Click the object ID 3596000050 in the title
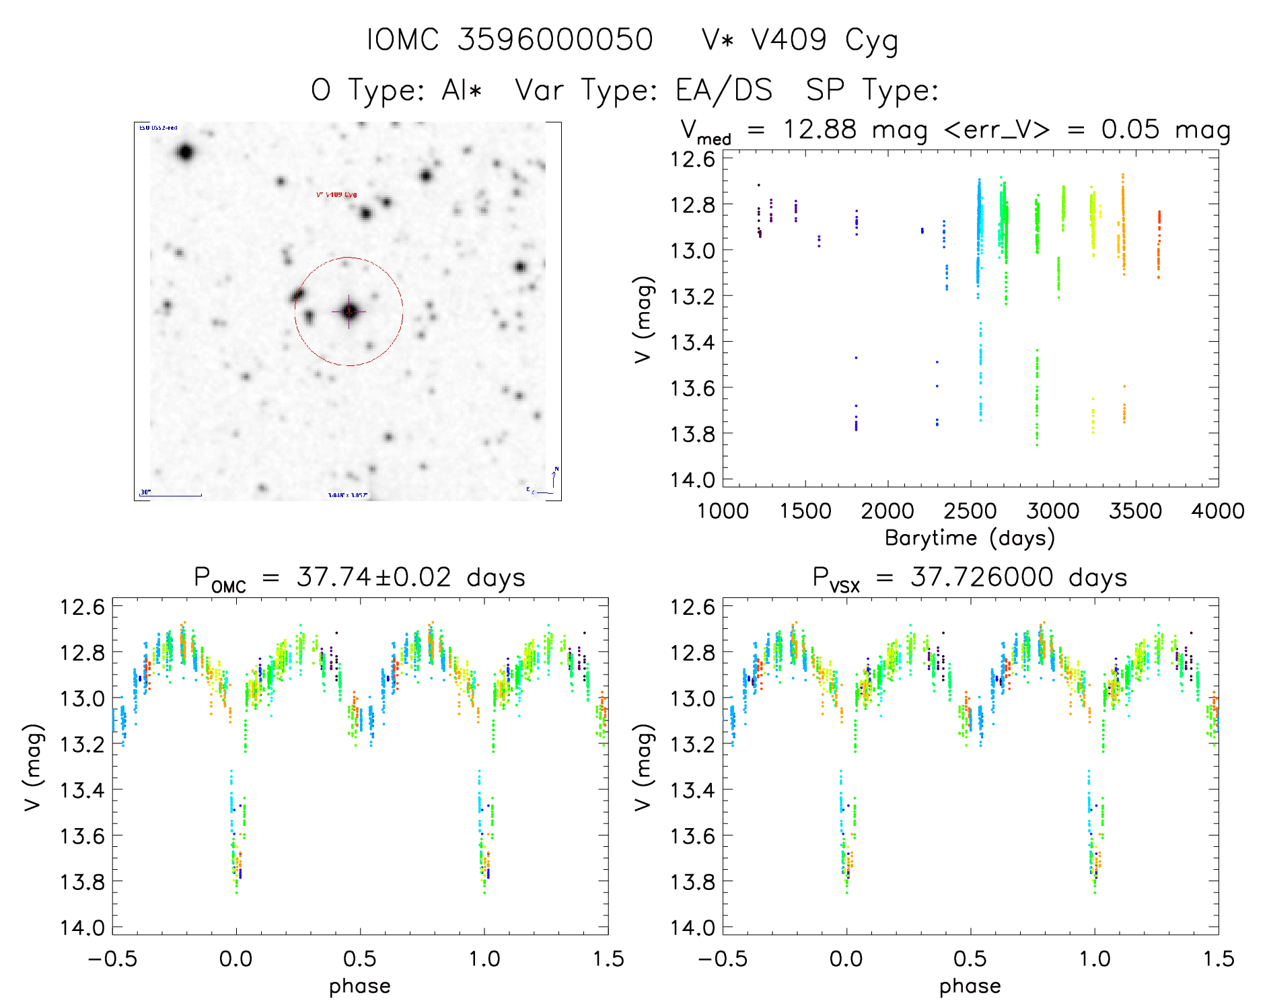[555, 40]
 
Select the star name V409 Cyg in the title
[825, 40]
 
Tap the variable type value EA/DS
[724, 90]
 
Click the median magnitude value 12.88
[820, 129]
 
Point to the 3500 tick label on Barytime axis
[1135, 511]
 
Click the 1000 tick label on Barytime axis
[723, 511]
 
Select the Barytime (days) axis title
[970, 538]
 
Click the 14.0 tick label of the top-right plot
[692, 480]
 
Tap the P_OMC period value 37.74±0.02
[374, 577]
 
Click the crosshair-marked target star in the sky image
[349, 311]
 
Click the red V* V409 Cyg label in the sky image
[336, 195]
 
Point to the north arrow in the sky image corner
[554, 477]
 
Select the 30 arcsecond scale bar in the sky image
[171, 495]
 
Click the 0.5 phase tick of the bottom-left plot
[360, 959]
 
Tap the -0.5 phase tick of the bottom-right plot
[723, 959]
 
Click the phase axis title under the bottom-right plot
[970, 986]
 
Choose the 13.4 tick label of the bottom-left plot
[82, 790]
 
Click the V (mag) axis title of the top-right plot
[643, 319]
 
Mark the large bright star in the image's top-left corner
[186, 152]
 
